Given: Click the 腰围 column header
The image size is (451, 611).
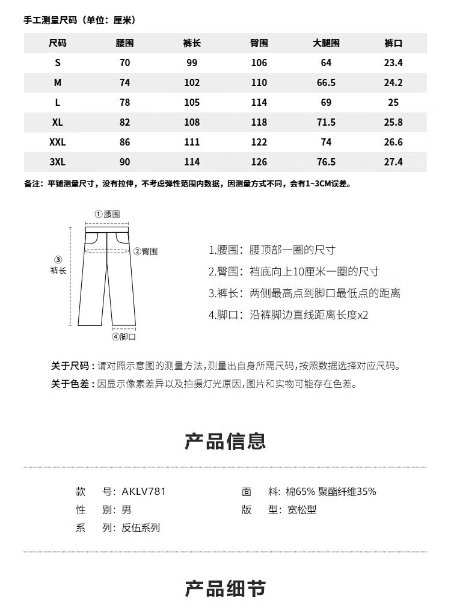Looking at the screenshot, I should click(124, 43).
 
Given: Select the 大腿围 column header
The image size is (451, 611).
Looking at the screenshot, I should click(326, 43).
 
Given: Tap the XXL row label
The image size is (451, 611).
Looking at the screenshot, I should click(58, 143).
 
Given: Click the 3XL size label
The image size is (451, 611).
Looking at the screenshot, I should click(58, 162).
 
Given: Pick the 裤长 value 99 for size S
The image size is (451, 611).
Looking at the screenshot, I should click(192, 63).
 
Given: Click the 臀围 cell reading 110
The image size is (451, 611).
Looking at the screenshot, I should click(259, 83).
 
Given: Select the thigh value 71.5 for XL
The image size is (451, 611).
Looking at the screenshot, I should click(326, 123).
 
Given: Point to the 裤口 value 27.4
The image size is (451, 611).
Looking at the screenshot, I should click(393, 162).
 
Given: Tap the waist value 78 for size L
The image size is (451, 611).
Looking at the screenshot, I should click(124, 103).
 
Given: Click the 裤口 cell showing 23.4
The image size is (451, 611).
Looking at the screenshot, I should click(393, 63).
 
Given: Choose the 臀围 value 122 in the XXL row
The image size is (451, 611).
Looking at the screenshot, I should click(259, 143).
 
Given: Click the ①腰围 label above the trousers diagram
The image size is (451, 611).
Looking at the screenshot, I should click(108, 214).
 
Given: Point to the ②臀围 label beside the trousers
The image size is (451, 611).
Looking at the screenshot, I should click(146, 251).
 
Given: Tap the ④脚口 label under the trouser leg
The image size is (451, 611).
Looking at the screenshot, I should click(123, 337).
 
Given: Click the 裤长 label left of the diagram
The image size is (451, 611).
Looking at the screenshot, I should click(58, 271).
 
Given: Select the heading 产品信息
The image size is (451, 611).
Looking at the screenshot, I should click(226, 441).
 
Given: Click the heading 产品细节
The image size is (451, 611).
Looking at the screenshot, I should click(226, 589).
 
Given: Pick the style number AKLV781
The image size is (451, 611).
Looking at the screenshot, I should click(143, 491).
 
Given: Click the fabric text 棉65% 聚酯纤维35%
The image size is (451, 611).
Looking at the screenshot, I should click(331, 491).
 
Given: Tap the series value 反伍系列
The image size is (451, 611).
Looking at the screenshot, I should click(141, 528).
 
